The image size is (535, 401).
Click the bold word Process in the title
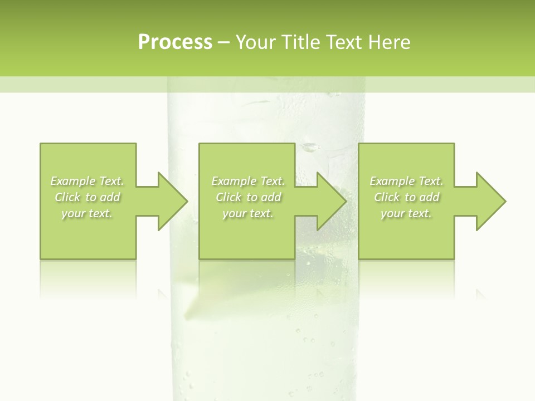coord(175,42)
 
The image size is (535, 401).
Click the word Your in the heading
coord(256,42)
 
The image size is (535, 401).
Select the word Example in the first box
coord(73,181)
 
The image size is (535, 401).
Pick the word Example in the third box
coord(392,181)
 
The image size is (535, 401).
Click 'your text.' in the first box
coord(87,213)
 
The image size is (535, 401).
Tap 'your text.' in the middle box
coord(247,213)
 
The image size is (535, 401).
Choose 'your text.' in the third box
coord(406,213)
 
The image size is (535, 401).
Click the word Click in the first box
coord(67,197)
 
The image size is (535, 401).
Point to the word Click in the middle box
coord(228,197)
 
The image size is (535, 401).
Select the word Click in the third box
coord(387,197)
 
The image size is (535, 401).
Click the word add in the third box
coord(430,197)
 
